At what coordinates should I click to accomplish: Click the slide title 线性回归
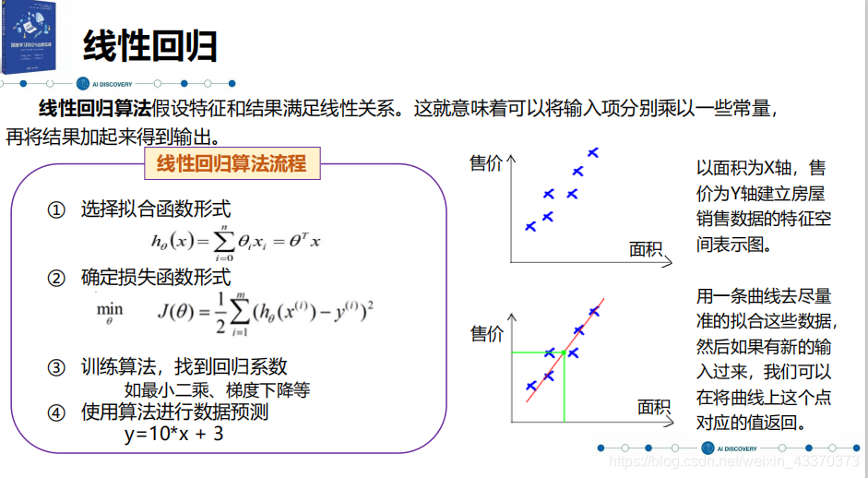[x=149, y=44]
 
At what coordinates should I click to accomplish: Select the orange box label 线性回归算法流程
[x=232, y=164]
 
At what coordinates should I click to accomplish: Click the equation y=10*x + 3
[x=174, y=433]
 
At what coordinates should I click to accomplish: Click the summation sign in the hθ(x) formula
[x=224, y=241]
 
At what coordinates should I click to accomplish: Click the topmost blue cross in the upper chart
[x=593, y=152]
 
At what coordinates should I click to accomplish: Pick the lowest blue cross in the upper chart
[x=530, y=226]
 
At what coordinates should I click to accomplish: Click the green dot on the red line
[x=564, y=353]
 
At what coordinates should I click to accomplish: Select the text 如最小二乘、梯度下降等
[x=217, y=389]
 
